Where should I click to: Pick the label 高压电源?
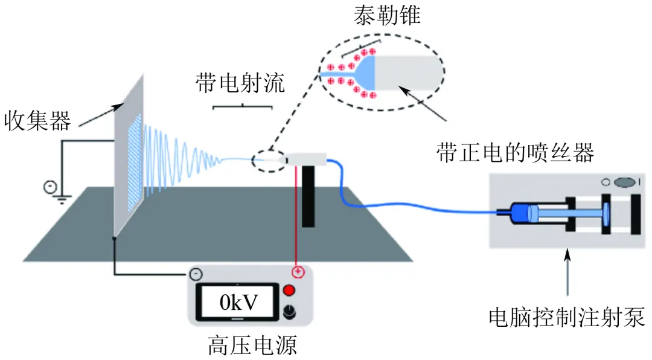252,346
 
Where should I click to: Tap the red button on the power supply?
289,291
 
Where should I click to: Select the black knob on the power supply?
289,312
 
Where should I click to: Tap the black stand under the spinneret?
308,196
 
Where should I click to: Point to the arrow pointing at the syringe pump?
567,272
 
